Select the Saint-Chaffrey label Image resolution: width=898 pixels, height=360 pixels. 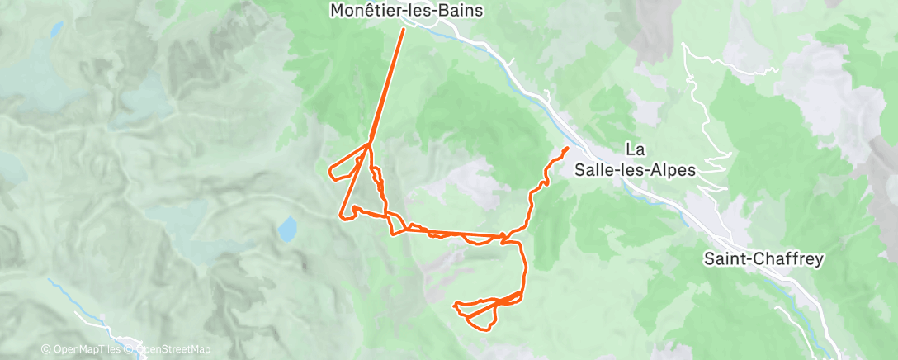(763, 258)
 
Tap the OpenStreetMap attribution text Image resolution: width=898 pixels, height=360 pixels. (173, 349)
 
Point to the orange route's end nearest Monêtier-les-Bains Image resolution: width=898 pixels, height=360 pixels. (404, 29)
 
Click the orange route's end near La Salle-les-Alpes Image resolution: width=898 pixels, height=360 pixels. (567, 148)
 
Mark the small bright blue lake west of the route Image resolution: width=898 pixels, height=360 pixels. (287, 228)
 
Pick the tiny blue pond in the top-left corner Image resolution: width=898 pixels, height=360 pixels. (56, 30)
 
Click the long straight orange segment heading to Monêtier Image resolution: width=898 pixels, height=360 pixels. (387, 87)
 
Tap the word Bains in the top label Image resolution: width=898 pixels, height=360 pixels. (460, 11)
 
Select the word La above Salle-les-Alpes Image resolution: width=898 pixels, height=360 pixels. (635, 149)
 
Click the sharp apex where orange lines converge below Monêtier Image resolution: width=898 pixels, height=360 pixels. (370, 144)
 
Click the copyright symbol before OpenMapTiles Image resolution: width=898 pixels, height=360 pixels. (45, 349)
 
